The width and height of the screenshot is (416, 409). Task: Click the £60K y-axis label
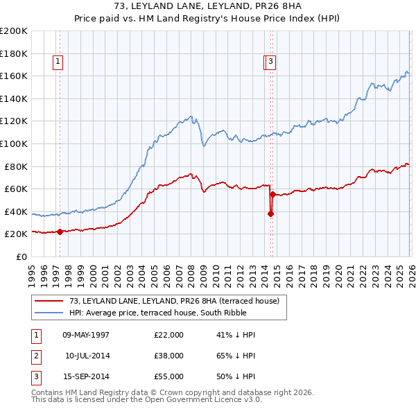tap(16, 189)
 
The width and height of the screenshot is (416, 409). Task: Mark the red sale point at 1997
tap(60, 232)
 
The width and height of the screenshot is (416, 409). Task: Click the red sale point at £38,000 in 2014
tap(270, 214)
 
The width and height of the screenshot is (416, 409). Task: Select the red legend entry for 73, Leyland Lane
tap(173, 301)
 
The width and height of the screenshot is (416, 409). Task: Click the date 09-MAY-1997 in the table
tap(86, 335)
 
